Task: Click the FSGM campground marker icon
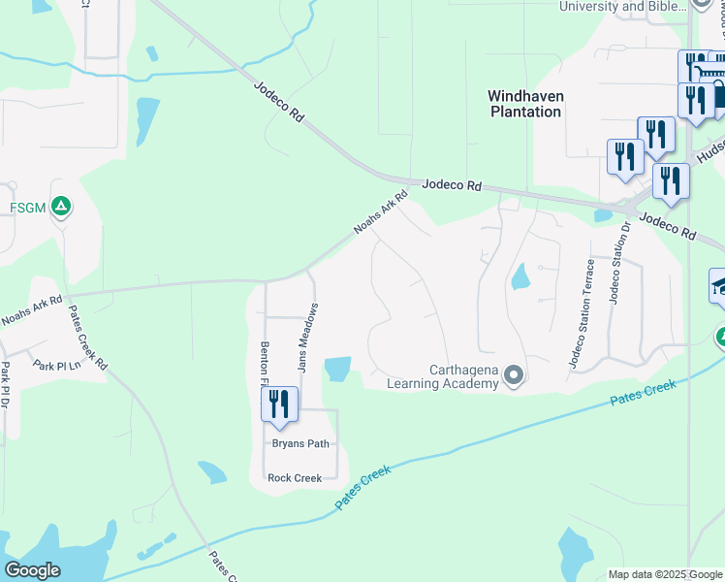[x=60, y=206]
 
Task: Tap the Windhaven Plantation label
[x=524, y=104]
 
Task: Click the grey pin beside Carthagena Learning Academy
[x=514, y=374]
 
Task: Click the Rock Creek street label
[x=294, y=477]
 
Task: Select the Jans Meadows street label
[x=305, y=338]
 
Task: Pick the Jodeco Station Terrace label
[x=580, y=313]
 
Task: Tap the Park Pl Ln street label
[x=54, y=365]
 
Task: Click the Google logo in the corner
[x=32, y=570]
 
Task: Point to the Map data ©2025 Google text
[x=665, y=574]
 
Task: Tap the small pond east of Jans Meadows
[x=337, y=369]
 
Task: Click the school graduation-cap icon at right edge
[x=719, y=285]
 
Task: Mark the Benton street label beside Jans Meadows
[x=263, y=361]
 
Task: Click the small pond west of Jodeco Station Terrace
[x=520, y=277]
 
